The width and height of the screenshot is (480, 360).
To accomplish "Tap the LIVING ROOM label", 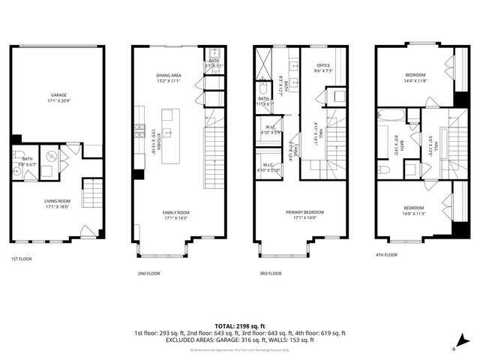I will pyautogui.click(x=58, y=200).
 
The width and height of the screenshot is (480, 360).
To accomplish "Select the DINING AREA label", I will pyautogui.click(x=169, y=76).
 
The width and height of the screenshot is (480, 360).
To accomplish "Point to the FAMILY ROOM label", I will pyautogui.click(x=175, y=213).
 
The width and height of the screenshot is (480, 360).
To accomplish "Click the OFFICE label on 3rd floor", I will pyautogui.click(x=324, y=65).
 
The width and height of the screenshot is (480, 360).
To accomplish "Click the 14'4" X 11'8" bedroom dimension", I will pyautogui.click(x=414, y=81).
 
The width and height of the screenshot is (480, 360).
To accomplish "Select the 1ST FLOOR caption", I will pyautogui.click(x=21, y=259).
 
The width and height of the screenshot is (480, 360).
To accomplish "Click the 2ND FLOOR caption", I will pyautogui.click(x=148, y=273).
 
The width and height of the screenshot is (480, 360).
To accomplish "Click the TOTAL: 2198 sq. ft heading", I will pyautogui.click(x=239, y=326).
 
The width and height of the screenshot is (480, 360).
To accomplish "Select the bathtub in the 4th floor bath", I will pyautogui.click(x=391, y=115).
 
